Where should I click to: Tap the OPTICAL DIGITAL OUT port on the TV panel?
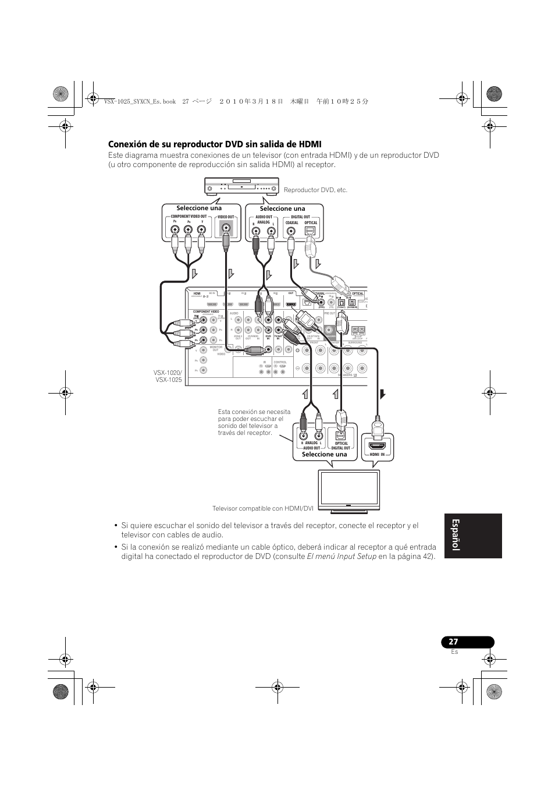click(341, 435)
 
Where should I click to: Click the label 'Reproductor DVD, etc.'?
click(315, 190)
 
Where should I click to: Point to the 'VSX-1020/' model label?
click(168, 373)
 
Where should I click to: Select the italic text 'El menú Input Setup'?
click(341, 557)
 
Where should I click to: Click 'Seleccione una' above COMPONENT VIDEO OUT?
click(200, 208)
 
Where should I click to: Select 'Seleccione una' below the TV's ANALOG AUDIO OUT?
click(324, 455)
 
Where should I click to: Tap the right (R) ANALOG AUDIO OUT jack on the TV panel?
click(303, 436)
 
